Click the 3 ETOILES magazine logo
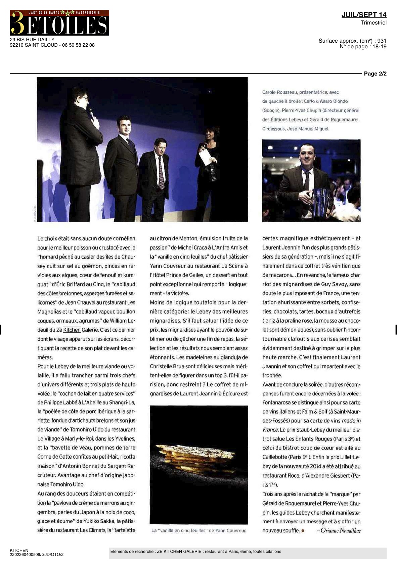[x=59, y=23]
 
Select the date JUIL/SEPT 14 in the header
[x=364, y=15]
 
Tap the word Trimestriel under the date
[x=373, y=23]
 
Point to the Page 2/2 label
[x=375, y=74]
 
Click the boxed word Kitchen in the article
[x=72, y=330]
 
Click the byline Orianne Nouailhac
[x=338, y=531]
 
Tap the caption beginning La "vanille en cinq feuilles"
[x=198, y=531]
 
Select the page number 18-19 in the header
[x=379, y=47]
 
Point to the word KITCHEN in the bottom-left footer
[x=19, y=551]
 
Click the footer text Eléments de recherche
[x=132, y=552]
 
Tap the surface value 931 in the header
[x=382, y=41]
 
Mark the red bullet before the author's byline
[x=303, y=531]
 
